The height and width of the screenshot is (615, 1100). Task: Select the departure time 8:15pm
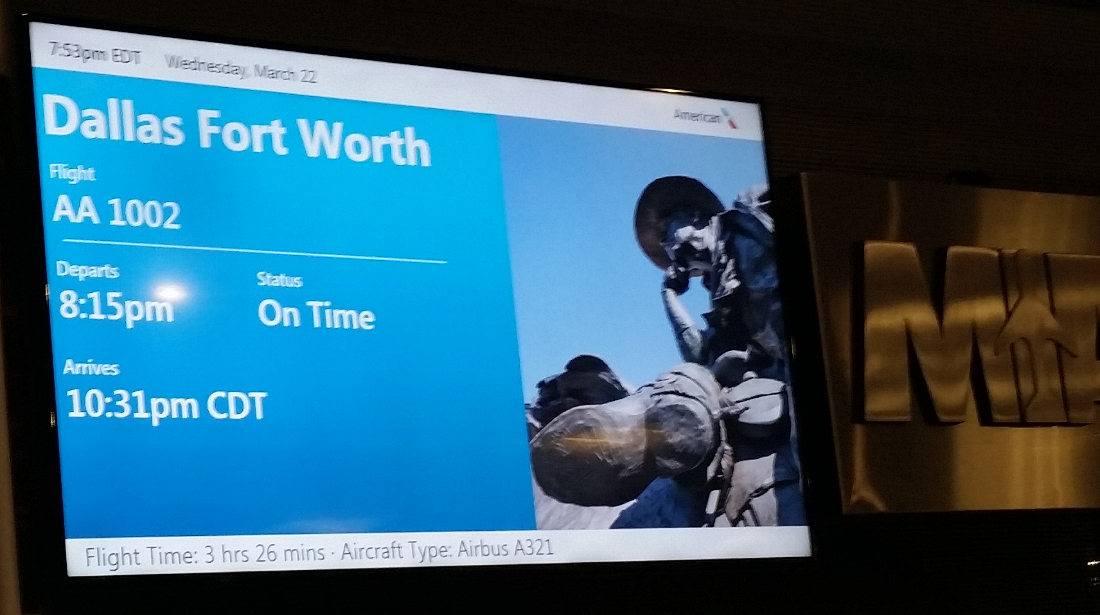click(116, 306)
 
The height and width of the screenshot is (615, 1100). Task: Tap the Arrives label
click(91, 367)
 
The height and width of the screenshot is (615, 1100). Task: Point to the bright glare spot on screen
click(170, 292)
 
